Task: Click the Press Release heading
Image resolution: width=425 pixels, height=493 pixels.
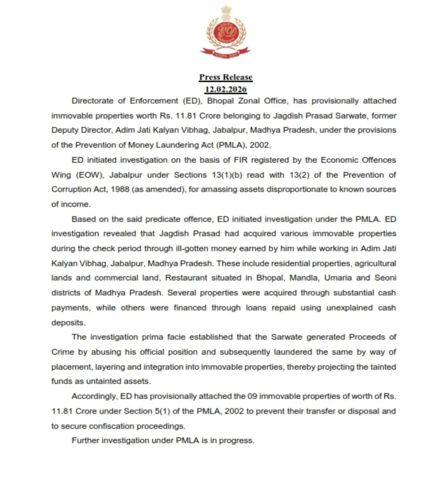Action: (x=225, y=77)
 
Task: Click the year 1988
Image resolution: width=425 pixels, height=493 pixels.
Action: (x=120, y=189)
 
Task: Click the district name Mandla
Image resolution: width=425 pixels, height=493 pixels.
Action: (x=304, y=278)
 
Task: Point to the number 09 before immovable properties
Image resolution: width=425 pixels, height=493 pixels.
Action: (x=252, y=396)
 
